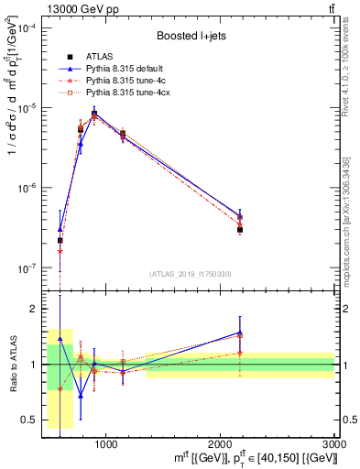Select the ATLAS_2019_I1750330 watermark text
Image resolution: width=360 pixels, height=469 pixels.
tap(190, 273)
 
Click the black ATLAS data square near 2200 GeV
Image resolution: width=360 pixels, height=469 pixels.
tap(240, 230)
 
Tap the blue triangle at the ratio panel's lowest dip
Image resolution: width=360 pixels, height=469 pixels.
tap(81, 396)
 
